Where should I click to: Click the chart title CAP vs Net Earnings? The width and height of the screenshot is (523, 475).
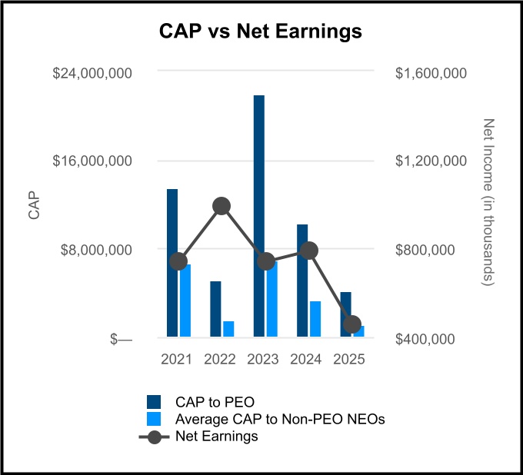coord(260,32)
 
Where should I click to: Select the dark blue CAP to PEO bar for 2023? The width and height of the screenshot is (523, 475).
coord(258,215)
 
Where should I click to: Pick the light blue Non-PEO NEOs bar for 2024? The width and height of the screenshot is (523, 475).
coord(315,318)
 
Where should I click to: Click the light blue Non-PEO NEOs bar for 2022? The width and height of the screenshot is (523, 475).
coord(228,328)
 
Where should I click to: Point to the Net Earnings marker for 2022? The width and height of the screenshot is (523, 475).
coord(222,206)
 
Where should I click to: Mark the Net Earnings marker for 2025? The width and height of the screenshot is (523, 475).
coord(351,324)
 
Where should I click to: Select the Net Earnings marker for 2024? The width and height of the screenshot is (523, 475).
coord(309,251)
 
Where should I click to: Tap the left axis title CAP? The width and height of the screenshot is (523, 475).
coord(34,206)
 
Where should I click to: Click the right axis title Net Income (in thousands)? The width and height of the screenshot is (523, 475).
coord(487,204)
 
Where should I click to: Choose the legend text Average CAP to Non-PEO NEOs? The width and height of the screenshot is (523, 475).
coord(279,419)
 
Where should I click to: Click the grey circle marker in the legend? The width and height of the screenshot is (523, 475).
coord(155,436)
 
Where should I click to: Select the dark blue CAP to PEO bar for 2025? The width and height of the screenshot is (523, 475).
coord(345,314)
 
